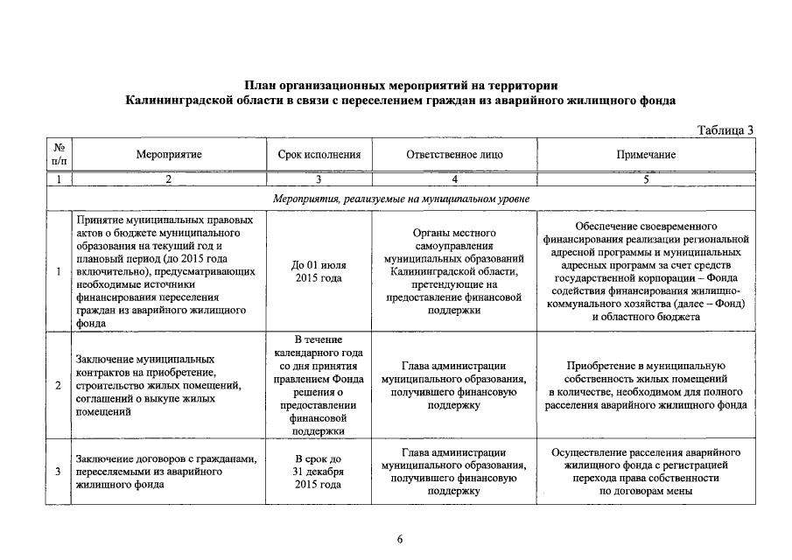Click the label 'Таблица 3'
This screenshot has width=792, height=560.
725,130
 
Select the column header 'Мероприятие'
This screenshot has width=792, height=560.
169,154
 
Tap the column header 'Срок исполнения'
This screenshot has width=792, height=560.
319,154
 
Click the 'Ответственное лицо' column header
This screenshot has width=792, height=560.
454,154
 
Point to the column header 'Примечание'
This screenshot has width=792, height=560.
646,154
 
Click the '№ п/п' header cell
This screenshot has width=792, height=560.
59,154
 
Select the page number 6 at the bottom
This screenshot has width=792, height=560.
399,539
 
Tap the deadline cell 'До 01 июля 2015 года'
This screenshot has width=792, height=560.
319,271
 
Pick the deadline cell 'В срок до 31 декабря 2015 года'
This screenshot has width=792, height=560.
319,472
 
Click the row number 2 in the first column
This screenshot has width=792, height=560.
58,385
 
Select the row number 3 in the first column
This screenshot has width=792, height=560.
58,472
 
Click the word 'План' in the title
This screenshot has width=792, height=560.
263,86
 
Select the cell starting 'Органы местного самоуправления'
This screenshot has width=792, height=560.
454,271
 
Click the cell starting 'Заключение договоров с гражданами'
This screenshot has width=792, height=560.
166,472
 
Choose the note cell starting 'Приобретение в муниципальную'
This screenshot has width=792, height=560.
646,385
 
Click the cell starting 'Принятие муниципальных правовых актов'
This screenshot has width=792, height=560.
166,271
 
